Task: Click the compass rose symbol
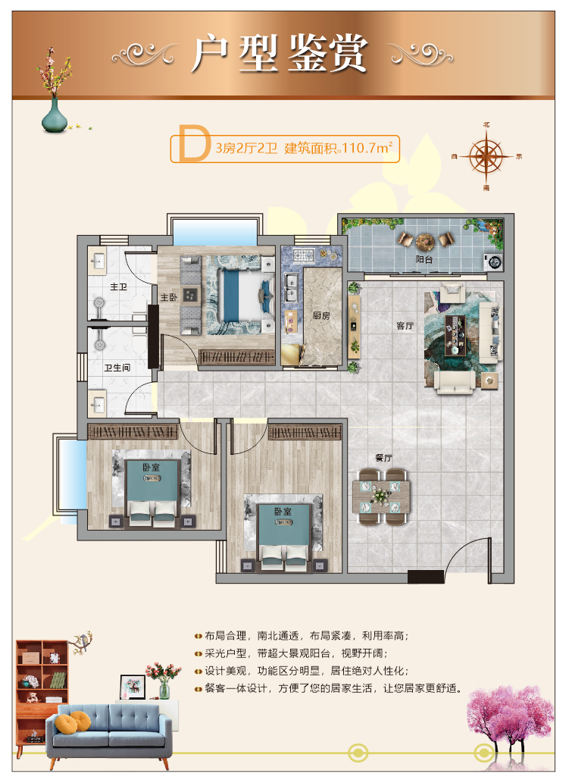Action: pos(486,156)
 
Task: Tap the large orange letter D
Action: pos(193,143)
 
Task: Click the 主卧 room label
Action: pos(169,297)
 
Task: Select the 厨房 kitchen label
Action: pos(321,315)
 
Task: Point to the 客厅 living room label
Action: pos(405,326)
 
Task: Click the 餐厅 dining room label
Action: pos(383,458)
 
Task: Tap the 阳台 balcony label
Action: pos(424,259)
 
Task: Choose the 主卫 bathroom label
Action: pos(118,287)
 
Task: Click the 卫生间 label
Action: pos(117,368)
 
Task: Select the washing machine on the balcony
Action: pos(493,262)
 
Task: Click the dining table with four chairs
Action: pos(381,497)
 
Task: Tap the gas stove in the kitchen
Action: pos(302,255)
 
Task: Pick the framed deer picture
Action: pos(133,687)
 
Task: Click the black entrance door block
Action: pos(425,576)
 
